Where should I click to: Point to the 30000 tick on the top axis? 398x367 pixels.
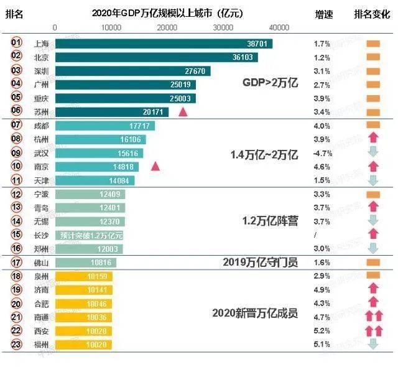point(223,28)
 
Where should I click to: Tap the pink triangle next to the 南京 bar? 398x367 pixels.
point(155,167)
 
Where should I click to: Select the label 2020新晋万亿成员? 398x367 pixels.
point(254,312)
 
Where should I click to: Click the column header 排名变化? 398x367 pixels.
point(372,14)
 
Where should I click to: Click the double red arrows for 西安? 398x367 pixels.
point(373,330)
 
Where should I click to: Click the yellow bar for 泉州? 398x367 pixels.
point(83,276)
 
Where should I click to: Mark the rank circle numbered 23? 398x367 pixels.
point(17,344)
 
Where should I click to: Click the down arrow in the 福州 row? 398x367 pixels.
point(373,344)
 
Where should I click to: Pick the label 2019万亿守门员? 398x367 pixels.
point(260,262)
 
